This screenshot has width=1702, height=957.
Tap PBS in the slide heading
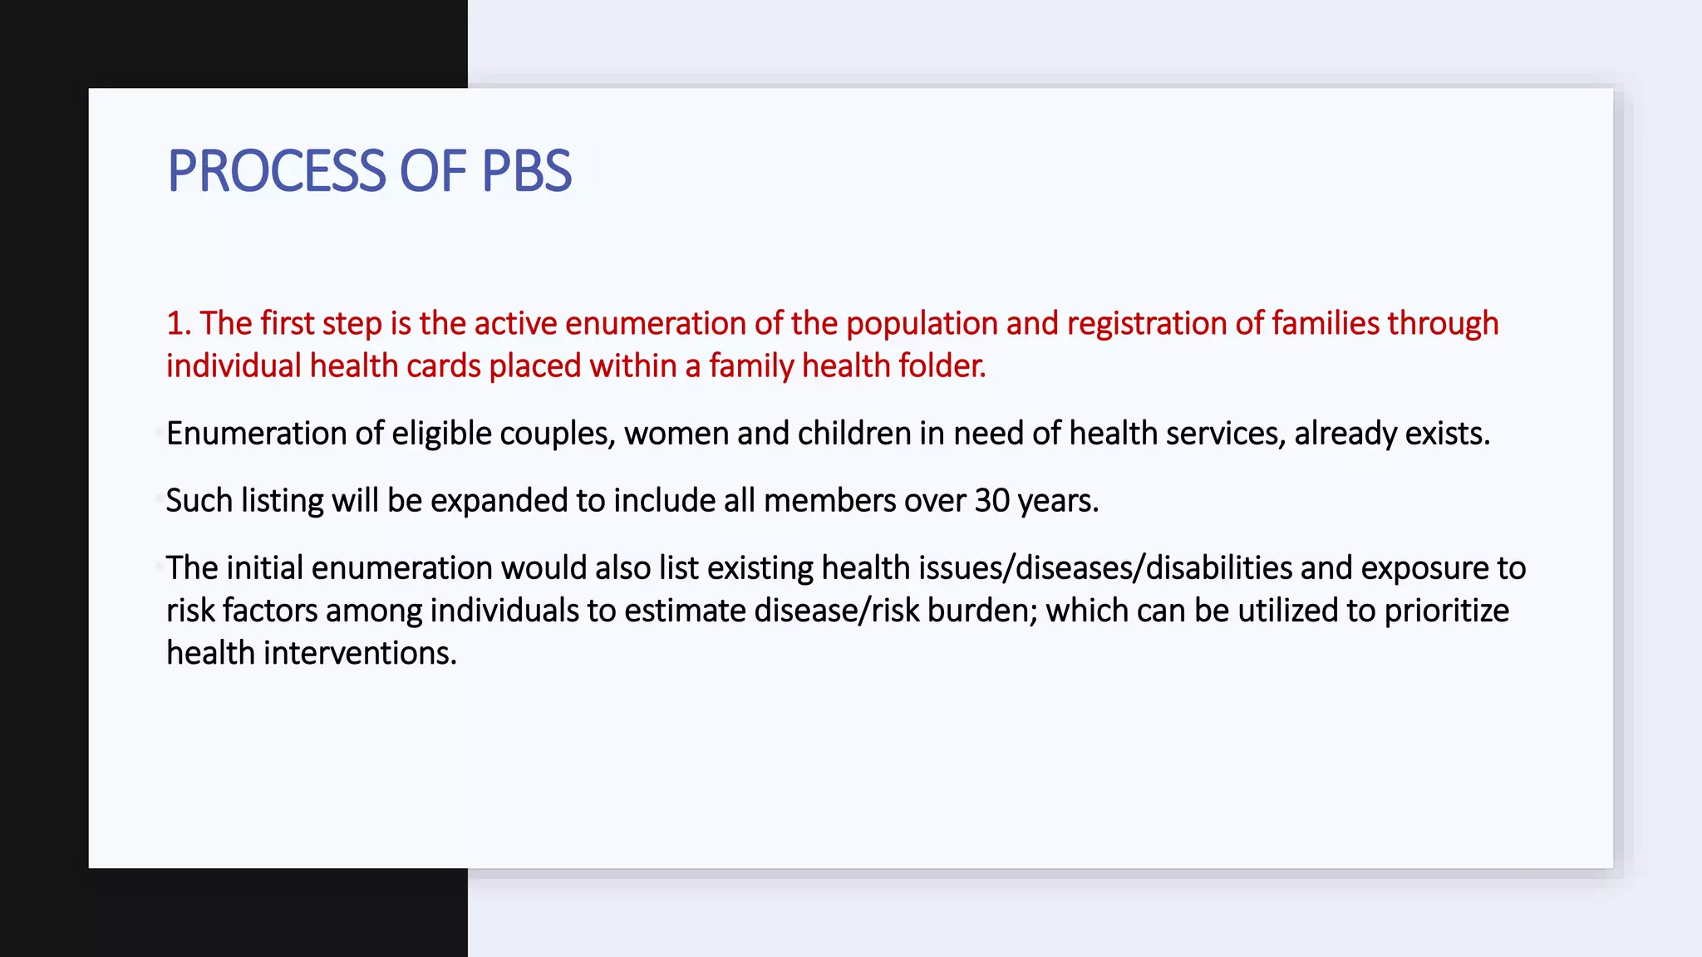tap(526, 172)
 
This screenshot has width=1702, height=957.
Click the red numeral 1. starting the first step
tap(178, 323)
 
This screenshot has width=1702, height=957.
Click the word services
tap(1225, 434)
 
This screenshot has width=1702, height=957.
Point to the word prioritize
tap(1446, 611)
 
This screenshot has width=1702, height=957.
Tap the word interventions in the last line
tap(360, 653)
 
